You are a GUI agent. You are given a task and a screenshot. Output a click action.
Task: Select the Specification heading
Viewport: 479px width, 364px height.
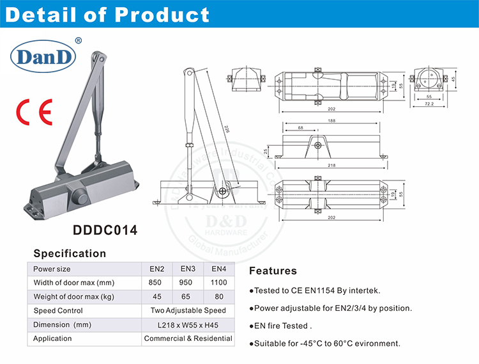70,253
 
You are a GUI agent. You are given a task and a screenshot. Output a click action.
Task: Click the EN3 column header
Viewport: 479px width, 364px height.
187,269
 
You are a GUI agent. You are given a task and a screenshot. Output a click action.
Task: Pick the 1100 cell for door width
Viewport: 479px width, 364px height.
218,283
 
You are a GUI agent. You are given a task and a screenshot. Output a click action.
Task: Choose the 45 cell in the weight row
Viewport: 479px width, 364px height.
156,297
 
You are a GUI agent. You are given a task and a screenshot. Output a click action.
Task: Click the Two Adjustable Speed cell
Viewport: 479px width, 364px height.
188,311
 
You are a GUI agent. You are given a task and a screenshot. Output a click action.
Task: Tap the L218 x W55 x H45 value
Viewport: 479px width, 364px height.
188,325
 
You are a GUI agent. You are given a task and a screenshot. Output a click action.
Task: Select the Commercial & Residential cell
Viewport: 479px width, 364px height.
188,338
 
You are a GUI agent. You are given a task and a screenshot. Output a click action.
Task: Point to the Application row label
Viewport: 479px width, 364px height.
53,338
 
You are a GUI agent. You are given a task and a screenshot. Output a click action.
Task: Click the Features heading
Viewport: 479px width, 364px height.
273,271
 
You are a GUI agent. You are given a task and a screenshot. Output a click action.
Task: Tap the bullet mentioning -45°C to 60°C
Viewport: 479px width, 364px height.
324,344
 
